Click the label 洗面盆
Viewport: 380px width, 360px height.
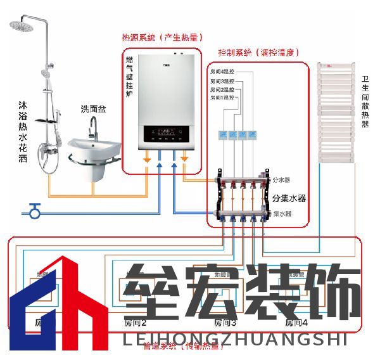(94, 110)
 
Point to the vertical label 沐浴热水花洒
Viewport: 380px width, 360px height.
(23, 132)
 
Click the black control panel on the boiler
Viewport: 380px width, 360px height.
(167, 134)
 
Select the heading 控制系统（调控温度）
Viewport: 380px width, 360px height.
(258, 53)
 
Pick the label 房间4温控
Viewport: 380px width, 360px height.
(222, 74)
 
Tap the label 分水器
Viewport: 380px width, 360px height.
(281, 180)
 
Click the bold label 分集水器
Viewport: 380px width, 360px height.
(289, 198)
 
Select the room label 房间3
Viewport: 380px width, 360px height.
(225, 323)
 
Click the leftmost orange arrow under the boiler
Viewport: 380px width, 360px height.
(147, 158)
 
